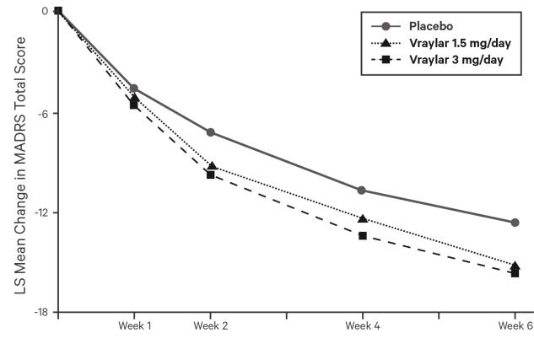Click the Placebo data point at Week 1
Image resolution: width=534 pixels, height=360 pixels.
[134, 88]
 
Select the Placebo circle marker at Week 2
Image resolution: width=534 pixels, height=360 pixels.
[210, 132]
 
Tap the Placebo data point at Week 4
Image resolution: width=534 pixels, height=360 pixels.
[362, 190]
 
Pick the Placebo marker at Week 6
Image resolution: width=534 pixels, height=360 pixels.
[515, 223]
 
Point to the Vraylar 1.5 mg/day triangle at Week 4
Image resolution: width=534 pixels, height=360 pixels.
[363, 218]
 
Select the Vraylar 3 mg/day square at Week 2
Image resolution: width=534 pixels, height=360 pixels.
[210, 175]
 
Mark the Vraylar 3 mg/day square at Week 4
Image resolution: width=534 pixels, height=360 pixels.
[363, 235]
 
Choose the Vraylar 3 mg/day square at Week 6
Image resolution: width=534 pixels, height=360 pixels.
[515, 273]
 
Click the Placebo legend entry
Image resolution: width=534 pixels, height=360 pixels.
[432, 26]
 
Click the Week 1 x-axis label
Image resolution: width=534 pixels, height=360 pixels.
[134, 325]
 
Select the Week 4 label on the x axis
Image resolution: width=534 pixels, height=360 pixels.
[363, 325]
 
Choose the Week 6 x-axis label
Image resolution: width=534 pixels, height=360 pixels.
[513, 325]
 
